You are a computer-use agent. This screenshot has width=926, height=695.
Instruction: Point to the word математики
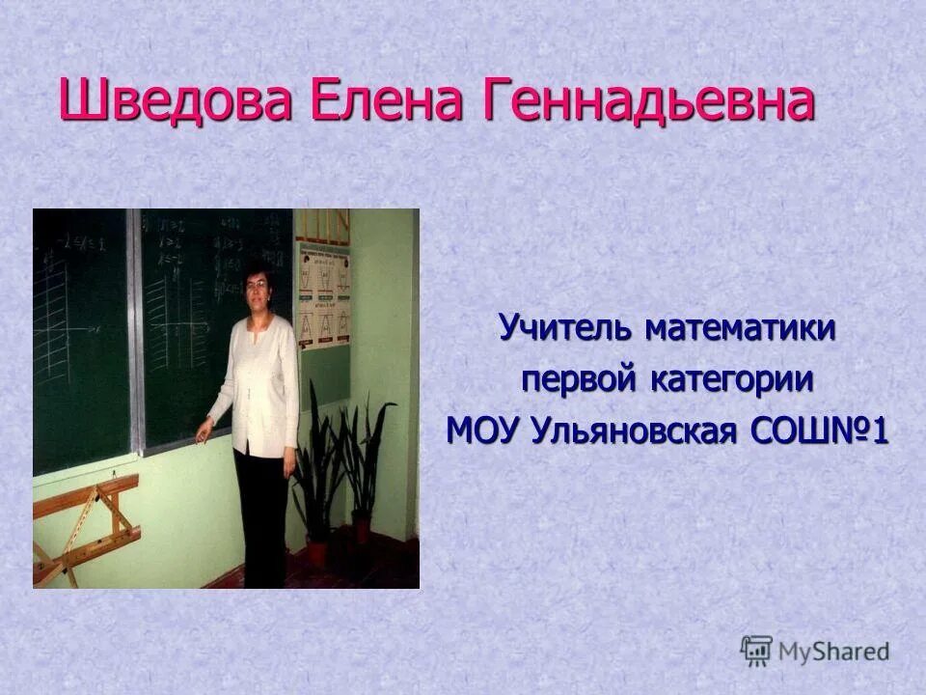click(740, 328)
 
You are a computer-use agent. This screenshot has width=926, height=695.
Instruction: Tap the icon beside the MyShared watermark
click(756, 651)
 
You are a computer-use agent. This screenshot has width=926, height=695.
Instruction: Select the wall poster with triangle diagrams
click(323, 296)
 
